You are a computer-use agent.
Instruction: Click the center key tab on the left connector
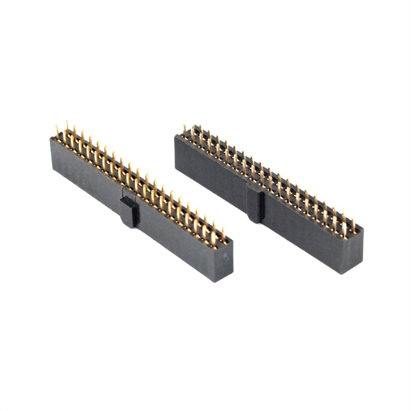pyautogui.click(x=129, y=211)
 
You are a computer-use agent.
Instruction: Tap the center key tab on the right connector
pyautogui.click(x=255, y=202)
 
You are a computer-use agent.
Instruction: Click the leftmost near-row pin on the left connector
pyautogui.click(x=57, y=133)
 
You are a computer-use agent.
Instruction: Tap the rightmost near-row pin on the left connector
pyautogui.click(x=214, y=239)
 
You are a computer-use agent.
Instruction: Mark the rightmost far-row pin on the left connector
pyautogui.click(x=223, y=234)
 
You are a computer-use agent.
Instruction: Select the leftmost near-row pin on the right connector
pyautogui.click(x=184, y=131)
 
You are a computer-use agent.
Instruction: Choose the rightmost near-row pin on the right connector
pyautogui.click(x=344, y=228)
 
